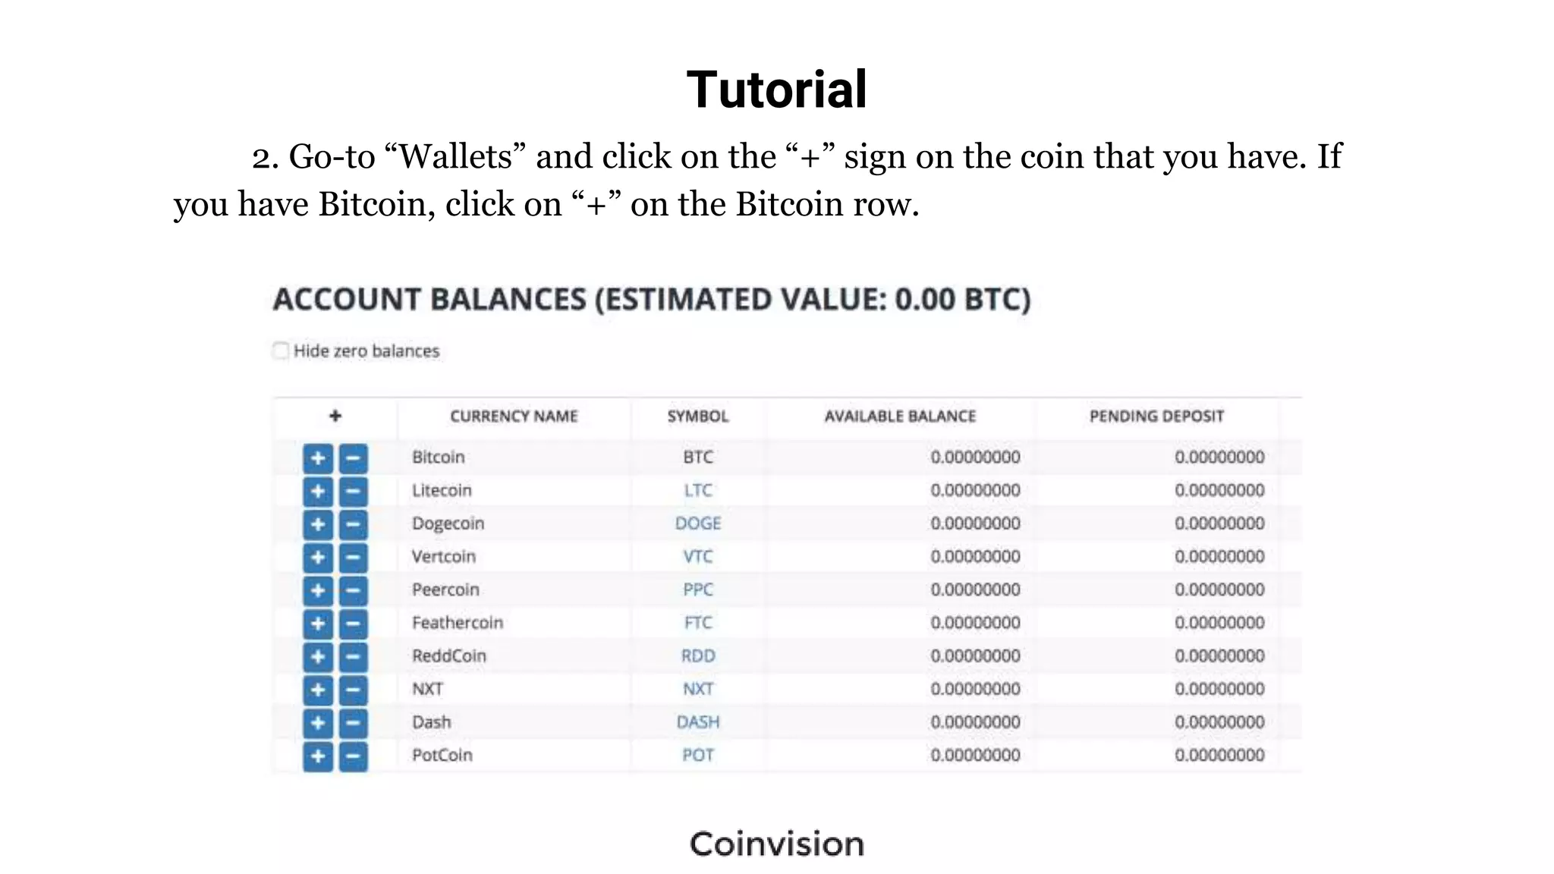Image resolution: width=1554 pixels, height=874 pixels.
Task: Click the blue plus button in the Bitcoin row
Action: [318, 457]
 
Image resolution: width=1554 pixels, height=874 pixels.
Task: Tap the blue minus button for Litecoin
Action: [353, 491]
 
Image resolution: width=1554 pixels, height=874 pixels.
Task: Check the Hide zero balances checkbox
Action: [281, 351]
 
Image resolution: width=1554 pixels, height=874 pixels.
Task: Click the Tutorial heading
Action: [776, 90]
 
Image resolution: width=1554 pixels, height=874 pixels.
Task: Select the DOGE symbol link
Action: [698, 523]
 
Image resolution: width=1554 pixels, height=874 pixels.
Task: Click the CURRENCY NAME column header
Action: [514, 417]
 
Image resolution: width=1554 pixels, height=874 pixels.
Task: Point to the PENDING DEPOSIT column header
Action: [1156, 417]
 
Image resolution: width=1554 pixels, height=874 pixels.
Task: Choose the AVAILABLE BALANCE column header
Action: [900, 417]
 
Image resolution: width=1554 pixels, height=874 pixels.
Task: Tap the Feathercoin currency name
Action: [458, 623]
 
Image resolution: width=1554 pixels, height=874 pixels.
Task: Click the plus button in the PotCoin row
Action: [318, 756]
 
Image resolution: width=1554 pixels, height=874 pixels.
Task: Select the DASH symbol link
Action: [698, 722]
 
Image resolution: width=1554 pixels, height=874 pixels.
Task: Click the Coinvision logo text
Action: [776, 844]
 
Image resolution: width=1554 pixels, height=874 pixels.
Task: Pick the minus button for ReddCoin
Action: [353, 656]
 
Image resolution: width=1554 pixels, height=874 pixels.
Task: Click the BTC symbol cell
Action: [698, 457]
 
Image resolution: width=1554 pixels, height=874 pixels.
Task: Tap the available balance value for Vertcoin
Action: [975, 557]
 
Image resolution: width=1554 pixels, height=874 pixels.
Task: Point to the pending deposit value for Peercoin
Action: [1219, 589]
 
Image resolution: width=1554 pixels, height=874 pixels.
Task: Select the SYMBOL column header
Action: [698, 417]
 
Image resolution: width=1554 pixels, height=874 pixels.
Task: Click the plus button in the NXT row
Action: [318, 690]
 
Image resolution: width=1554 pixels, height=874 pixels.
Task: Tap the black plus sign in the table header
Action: [335, 416]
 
